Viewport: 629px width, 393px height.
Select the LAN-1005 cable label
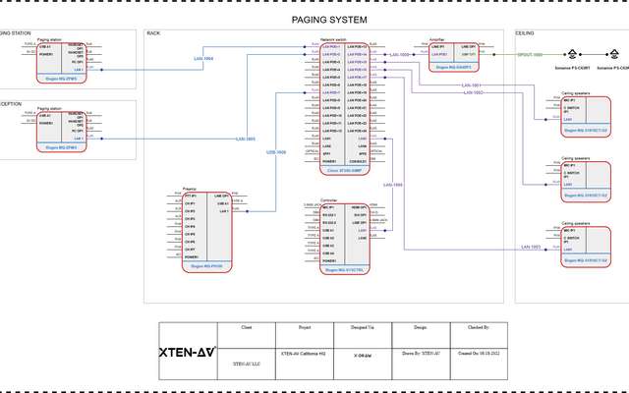pyautogui.click(x=245, y=139)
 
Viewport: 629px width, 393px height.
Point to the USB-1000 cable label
pyautogui.click(x=276, y=152)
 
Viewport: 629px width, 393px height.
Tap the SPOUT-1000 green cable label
pyautogui.click(x=530, y=55)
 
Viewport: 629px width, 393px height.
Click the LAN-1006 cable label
pyautogui.click(x=392, y=185)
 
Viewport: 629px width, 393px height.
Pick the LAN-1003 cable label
pyautogui.click(x=529, y=247)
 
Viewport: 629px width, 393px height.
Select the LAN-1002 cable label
pyautogui.click(x=472, y=92)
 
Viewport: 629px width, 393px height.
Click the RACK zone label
pyautogui.click(x=153, y=33)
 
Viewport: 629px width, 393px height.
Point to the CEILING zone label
pyautogui.click(x=526, y=33)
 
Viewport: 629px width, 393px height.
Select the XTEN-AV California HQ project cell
pyautogui.click(x=304, y=352)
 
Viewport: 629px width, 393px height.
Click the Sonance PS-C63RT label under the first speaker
pyautogui.click(x=573, y=69)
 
